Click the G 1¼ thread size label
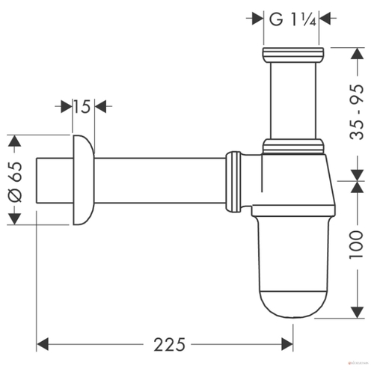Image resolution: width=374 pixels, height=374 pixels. pos(292,19)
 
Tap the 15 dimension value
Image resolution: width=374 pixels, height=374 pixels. pos(82,106)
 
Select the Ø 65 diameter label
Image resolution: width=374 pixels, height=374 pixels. pos(16,182)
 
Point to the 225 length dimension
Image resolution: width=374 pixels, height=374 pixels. pos(169,345)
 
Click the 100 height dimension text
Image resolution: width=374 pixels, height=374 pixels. pos(357,245)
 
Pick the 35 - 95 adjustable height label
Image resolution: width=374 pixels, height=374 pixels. pos(357,112)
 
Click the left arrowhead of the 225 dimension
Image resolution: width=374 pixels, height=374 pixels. pos(43,345)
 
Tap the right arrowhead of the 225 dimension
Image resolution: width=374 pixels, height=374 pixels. pos(287,345)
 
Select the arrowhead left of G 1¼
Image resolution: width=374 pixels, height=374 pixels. pos(258,18)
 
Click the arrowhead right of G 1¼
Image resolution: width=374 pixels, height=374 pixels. pos(325,18)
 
